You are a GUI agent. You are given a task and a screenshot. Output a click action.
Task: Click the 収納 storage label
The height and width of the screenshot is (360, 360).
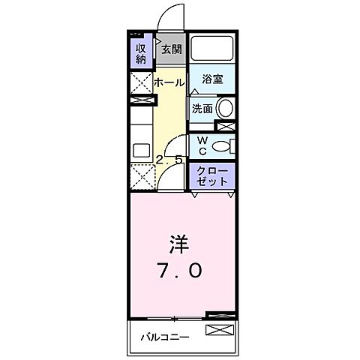[140, 54]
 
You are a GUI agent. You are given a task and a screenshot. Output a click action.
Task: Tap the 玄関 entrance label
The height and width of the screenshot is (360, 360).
[171, 49]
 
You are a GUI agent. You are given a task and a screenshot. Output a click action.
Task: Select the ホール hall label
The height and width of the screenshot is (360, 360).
[169, 82]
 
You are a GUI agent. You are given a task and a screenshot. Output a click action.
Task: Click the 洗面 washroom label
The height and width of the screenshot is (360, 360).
[202, 109]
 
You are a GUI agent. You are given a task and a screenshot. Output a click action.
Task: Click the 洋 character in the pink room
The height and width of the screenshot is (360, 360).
[178, 245]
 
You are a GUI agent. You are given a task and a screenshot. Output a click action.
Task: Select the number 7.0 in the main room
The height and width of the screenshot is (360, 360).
[178, 271]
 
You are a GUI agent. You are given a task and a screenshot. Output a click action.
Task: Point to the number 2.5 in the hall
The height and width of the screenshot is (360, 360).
[169, 160]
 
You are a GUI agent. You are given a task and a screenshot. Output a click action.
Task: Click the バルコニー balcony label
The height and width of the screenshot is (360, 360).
[165, 336]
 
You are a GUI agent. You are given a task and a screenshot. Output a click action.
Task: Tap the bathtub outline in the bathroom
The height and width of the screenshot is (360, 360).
[211, 50]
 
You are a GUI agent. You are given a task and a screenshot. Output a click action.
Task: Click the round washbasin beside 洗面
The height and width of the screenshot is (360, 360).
[226, 108]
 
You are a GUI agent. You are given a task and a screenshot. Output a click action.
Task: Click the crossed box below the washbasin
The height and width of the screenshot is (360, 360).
[226, 125]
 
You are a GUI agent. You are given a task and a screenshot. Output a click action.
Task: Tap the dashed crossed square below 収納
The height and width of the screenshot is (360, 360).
[141, 83]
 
